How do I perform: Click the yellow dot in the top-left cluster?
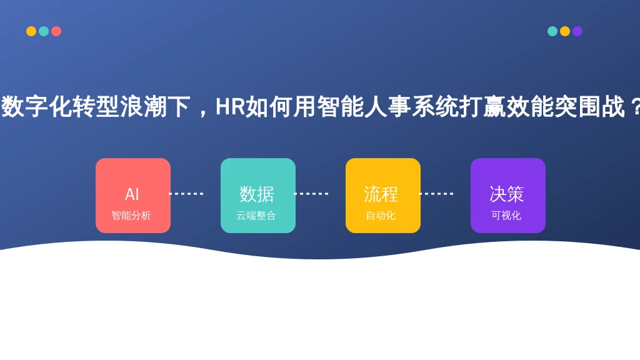click(31, 31)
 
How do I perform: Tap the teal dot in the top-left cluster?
click(44, 31)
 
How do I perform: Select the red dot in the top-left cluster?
click(56, 31)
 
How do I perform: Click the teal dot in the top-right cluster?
click(552, 31)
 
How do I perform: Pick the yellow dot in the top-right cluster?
click(565, 31)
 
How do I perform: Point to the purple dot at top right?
click(577, 31)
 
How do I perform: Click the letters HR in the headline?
click(230, 106)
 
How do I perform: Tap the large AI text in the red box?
click(132, 194)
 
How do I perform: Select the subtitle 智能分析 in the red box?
click(131, 216)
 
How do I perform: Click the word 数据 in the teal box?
click(257, 194)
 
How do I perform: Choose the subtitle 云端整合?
click(256, 216)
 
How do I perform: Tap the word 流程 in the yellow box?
click(381, 194)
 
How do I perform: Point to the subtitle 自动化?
click(381, 216)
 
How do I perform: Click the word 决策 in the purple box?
click(506, 194)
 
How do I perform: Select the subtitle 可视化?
click(506, 216)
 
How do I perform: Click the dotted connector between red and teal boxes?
click(186, 194)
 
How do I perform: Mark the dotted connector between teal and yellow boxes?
click(311, 194)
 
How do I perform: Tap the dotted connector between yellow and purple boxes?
click(436, 194)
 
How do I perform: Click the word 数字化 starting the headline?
click(37, 106)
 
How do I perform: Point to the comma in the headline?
click(202, 112)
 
